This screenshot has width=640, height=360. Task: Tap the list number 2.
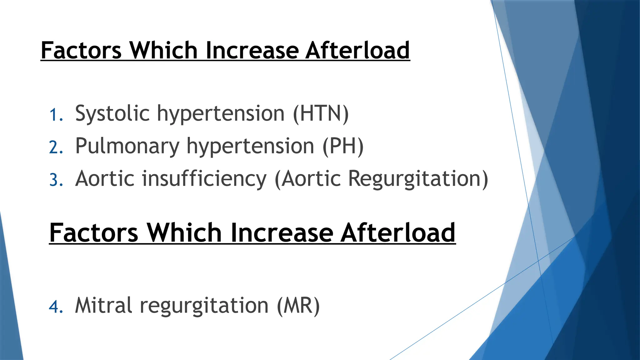(56, 147)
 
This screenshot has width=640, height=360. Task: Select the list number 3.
(56, 180)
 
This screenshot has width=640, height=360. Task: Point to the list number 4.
(56, 306)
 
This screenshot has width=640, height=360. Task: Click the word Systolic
(112, 114)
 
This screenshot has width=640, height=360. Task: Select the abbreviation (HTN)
(321, 114)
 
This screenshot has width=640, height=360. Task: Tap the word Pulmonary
(127, 147)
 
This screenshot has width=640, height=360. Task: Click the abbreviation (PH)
(343, 146)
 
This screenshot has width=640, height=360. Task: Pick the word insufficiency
(204, 179)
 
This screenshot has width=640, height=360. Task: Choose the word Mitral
(103, 305)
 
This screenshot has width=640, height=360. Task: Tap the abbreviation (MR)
(298, 305)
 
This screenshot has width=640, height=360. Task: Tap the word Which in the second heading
(184, 233)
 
